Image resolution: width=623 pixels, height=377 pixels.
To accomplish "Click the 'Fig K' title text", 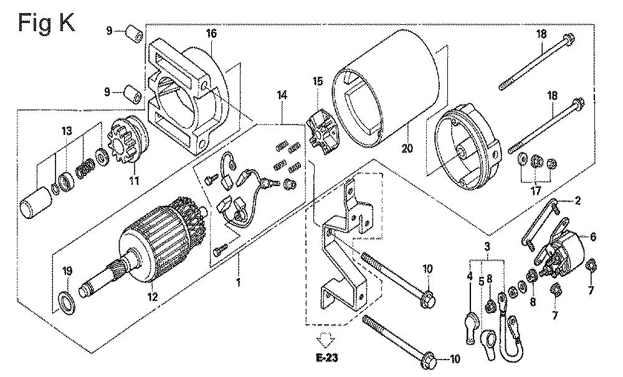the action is [47, 22].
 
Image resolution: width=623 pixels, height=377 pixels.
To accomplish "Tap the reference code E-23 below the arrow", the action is [327, 358].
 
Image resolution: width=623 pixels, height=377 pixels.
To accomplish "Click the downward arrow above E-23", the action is [326, 341].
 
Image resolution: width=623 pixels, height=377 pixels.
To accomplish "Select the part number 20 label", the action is [407, 148].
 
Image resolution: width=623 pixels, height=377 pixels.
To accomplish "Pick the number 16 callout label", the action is [212, 34].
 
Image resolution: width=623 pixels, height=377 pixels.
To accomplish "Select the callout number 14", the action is [282, 95].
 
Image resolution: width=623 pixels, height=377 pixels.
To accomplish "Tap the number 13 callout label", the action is [67, 131].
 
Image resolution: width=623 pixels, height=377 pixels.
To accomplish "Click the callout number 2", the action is [578, 201].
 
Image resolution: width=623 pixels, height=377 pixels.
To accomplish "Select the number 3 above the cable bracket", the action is [487, 246].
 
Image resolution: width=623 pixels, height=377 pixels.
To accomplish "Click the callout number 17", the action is [536, 191].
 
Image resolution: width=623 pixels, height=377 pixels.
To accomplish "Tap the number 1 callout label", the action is [239, 282].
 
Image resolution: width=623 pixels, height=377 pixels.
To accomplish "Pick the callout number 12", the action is [153, 296].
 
